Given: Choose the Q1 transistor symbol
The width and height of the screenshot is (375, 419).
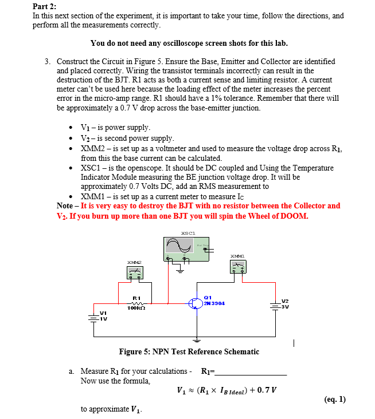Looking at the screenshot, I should [196, 303].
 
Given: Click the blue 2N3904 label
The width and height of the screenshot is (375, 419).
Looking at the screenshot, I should [214, 303].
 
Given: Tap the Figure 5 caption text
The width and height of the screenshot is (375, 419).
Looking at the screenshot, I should [189, 351].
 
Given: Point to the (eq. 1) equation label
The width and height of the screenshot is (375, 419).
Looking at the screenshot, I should [334, 399].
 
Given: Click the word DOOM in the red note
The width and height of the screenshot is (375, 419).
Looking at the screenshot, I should [295, 216].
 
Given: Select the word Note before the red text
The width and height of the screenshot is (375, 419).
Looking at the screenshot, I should [65, 205].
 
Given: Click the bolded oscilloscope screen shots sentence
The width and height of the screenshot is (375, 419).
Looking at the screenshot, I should [189, 43].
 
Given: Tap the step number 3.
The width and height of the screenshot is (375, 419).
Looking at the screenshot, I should [47, 61].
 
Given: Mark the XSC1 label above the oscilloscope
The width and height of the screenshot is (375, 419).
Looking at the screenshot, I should [188, 233].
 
